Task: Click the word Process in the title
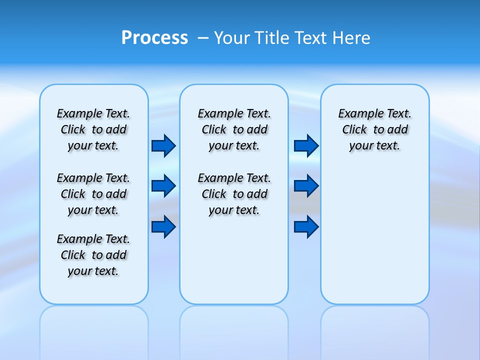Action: pyautogui.click(x=154, y=38)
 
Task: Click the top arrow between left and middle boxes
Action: pyautogui.click(x=163, y=145)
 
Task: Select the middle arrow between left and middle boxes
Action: pyautogui.click(x=163, y=186)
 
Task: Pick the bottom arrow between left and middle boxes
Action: pyautogui.click(x=163, y=226)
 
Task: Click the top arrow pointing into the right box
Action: pyautogui.click(x=306, y=145)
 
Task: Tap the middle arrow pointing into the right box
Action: pyautogui.click(x=306, y=186)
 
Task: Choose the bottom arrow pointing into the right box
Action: pyautogui.click(x=306, y=226)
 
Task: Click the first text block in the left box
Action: pyautogui.click(x=93, y=129)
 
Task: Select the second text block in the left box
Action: pyautogui.click(x=93, y=194)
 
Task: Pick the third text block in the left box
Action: pyautogui.click(x=93, y=255)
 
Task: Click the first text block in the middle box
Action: pyautogui.click(x=234, y=129)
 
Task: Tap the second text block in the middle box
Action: pyautogui.click(x=234, y=194)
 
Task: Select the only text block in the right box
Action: pyautogui.click(x=375, y=129)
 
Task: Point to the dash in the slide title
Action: pyautogui.click(x=203, y=38)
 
